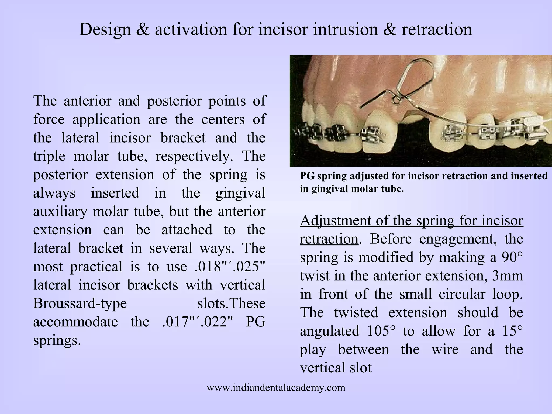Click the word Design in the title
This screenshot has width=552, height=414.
[105, 30]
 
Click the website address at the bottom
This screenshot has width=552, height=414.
[276, 388]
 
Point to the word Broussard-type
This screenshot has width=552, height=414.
[80, 303]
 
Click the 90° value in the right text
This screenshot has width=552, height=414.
[512, 257]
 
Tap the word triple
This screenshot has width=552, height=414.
[49, 156]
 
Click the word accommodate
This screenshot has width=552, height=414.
[75, 322]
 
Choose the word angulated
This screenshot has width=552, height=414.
[330, 331]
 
